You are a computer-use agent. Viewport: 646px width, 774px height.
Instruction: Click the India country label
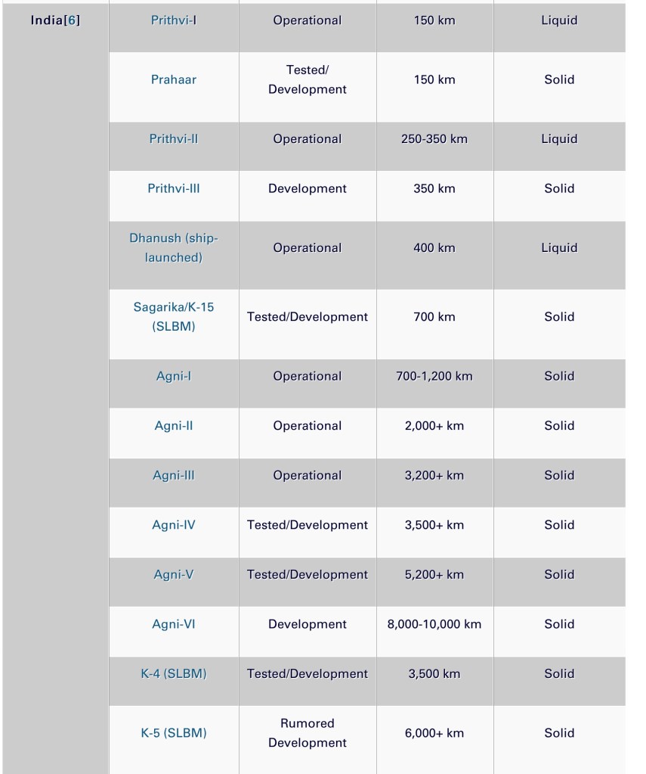pos(48,20)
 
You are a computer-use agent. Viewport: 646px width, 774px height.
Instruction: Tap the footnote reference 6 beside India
pos(73,20)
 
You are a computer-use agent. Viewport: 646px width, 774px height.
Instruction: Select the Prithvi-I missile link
pos(174,20)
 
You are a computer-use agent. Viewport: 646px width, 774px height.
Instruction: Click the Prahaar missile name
pos(174,79)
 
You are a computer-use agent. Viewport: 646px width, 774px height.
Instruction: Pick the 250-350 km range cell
pos(434,139)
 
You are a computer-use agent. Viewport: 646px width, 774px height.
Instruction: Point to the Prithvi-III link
pos(174,188)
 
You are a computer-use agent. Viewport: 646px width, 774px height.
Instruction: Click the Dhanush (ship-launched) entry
pos(174,247)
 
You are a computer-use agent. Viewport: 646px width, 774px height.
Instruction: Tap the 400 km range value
pos(434,247)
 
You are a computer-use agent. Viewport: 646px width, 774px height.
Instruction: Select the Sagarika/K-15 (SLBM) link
pos(174,317)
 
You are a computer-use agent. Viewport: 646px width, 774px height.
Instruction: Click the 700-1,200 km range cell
pos(434,376)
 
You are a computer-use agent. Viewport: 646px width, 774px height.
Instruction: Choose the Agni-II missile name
pos(174,426)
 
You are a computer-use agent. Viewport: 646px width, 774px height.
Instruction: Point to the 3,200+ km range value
pos(434,475)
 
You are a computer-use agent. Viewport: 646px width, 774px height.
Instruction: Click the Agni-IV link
pos(174,525)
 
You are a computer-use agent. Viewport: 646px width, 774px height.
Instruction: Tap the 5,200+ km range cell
pos(434,574)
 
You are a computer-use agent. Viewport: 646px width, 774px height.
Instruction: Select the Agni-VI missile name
pos(174,624)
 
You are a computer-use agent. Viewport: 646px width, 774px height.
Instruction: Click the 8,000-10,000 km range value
pos(434,624)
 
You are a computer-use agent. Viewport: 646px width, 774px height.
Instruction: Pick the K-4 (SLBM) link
pos(174,673)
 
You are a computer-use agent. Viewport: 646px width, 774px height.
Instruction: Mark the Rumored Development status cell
pos(308,733)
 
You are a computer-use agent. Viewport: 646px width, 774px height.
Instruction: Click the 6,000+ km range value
pos(434,733)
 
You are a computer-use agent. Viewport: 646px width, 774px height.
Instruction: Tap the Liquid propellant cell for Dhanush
pos(559,247)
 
